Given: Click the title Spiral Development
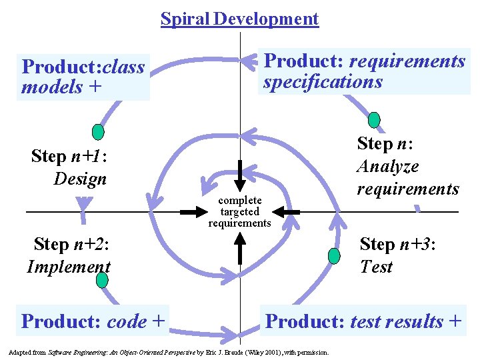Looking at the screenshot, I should [239, 19].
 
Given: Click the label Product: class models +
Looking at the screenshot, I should [83, 77].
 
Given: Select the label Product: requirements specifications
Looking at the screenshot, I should [364, 71].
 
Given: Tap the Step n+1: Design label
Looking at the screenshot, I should [69, 167].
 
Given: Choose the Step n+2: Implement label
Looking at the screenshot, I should [69, 255].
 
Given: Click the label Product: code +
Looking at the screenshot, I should [93, 321].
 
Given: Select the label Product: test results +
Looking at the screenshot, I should [363, 321].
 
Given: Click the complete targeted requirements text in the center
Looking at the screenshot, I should [239, 212].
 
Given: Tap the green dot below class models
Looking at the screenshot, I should [98, 131].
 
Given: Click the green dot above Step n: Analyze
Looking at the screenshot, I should [375, 120].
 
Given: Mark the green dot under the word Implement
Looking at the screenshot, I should [101, 280].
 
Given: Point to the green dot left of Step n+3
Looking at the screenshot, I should [335, 255].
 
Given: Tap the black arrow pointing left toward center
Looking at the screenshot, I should [286, 212].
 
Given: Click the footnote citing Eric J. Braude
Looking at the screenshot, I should [168, 351].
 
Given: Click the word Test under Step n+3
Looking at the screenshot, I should [376, 267].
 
